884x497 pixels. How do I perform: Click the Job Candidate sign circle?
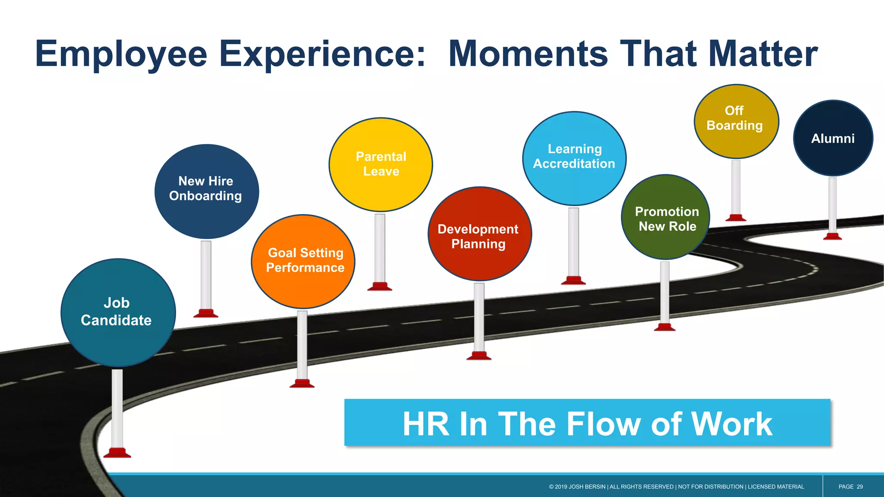118,312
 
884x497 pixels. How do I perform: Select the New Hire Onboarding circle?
206,191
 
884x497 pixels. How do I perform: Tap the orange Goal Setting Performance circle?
303,261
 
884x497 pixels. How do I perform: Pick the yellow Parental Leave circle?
381,164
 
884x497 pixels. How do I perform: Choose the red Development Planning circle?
480,234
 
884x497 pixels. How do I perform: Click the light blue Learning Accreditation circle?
574,158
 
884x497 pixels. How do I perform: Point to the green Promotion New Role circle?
665,217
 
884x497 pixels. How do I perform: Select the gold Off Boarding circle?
736,121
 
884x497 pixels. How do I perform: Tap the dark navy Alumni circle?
833,138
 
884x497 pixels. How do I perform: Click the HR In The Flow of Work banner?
587,423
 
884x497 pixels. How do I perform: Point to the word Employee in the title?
121,55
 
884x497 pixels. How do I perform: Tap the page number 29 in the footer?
859,487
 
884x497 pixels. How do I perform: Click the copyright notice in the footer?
676,487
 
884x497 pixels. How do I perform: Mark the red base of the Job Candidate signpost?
117,453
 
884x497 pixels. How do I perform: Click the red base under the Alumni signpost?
832,236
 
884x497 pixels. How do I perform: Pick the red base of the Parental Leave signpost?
379,286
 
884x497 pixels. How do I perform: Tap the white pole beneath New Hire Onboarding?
206,274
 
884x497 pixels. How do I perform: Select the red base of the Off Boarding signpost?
736,218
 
